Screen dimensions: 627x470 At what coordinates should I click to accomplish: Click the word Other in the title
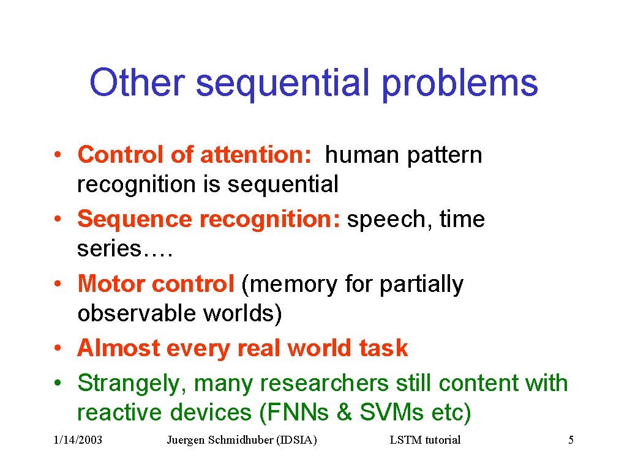(x=137, y=83)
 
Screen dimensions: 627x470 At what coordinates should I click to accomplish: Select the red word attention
(x=255, y=154)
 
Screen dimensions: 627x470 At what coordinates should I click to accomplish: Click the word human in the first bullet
(x=361, y=155)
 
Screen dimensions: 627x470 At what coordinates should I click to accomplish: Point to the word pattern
(x=445, y=156)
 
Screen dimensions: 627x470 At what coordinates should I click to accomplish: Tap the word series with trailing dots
(x=125, y=248)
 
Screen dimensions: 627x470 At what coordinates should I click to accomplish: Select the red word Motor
(x=111, y=283)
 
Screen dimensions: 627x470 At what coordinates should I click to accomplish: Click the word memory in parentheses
(x=290, y=285)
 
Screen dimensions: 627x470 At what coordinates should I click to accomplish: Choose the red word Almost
(x=119, y=348)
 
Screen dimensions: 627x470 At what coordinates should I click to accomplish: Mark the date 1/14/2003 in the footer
(x=78, y=440)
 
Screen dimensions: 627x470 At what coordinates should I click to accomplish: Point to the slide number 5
(x=571, y=440)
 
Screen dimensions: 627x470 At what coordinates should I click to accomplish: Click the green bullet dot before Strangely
(x=58, y=383)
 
